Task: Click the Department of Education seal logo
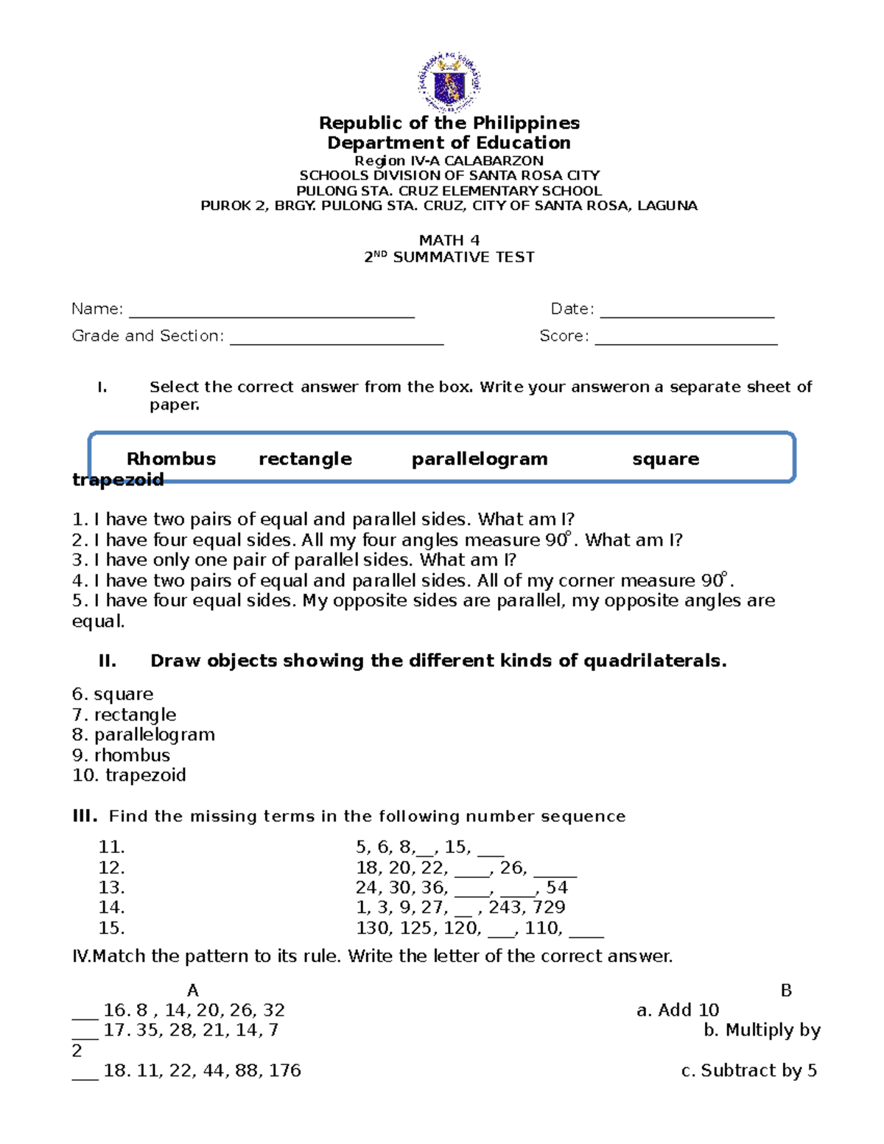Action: point(449,82)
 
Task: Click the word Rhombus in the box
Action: point(171,459)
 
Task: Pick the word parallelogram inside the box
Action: point(480,459)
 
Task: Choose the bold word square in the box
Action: point(665,459)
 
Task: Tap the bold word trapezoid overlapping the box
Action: point(118,480)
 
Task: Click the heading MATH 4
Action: point(449,240)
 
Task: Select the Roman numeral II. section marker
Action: point(108,661)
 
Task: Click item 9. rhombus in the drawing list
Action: point(121,755)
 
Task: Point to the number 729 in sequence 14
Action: point(550,907)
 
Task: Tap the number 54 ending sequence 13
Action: point(557,887)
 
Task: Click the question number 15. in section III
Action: point(112,927)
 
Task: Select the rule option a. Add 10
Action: point(677,1010)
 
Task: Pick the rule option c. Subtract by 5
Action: point(748,1070)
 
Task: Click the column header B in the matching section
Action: point(786,990)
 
